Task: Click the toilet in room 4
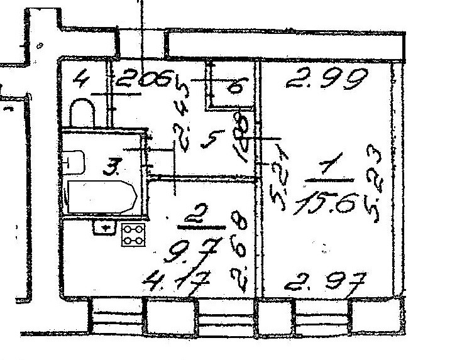tap(82, 112)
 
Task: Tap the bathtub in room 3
tap(101, 197)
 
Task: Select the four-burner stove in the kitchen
tap(133, 234)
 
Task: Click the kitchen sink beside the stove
tap(105, 226)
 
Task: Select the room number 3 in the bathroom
tap(112, 167)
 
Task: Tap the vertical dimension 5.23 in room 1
tap(375, 179)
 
